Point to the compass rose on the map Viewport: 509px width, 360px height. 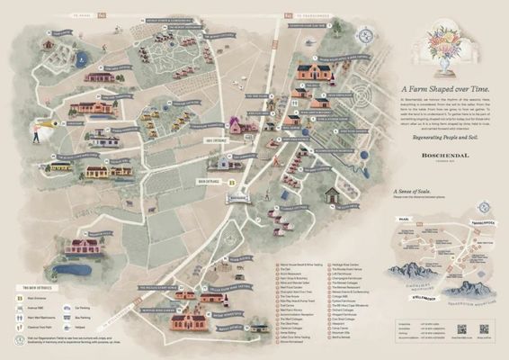click(x=366, y=38)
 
